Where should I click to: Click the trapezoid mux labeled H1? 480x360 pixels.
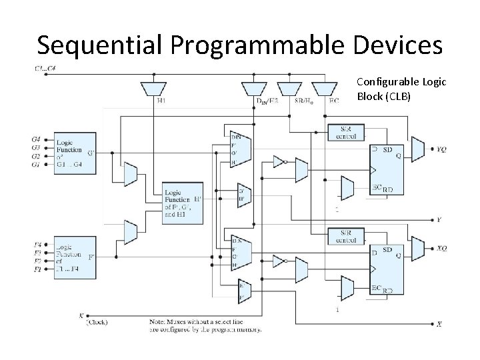coord(155,89)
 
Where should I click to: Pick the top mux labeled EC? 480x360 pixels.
coord(325,89)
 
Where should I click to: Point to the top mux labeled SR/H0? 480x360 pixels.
coord(290,89)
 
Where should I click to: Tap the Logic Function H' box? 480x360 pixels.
coord(183,201)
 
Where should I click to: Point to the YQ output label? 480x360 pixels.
coord(441,149)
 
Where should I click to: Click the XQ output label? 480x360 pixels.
coord(441,249)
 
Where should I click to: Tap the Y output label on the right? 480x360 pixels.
coord(438,219)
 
